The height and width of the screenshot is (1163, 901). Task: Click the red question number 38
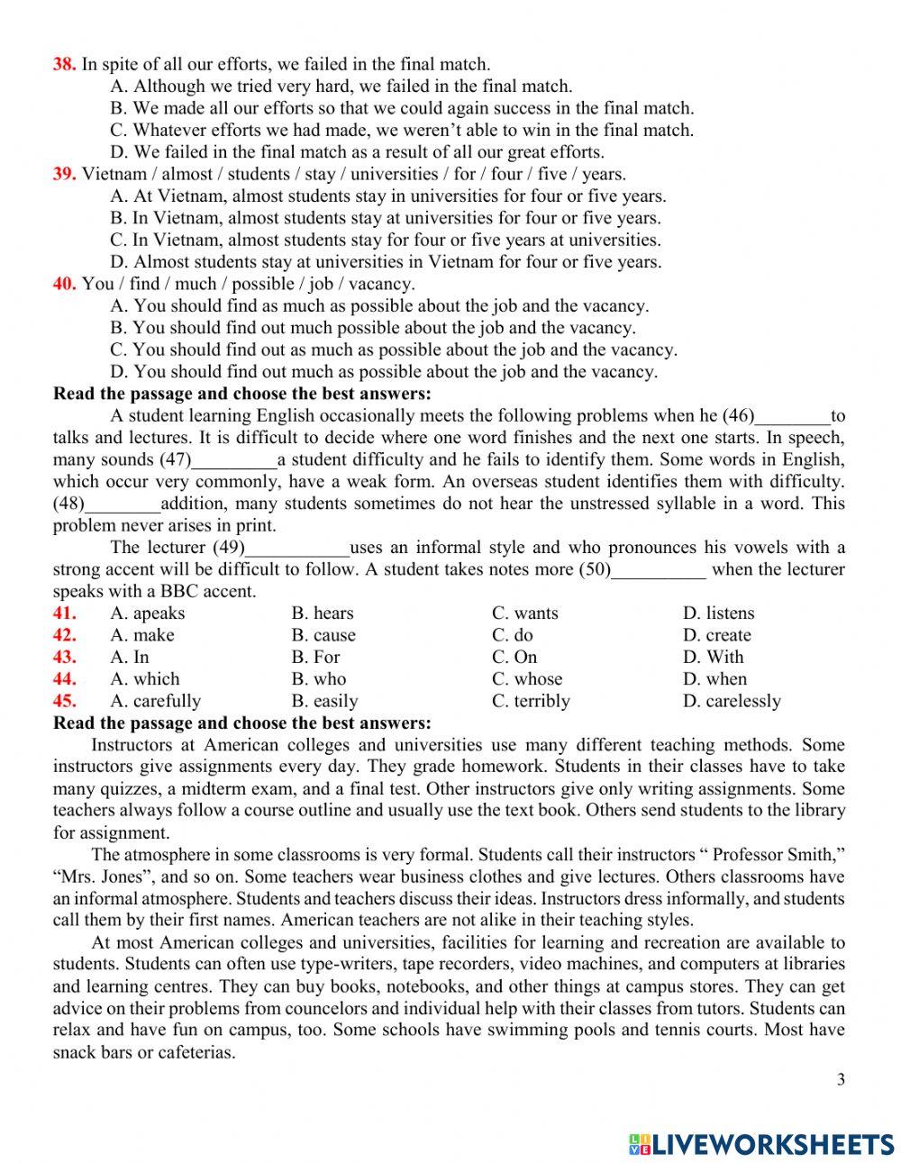pyautogui.click(x=63, y=64)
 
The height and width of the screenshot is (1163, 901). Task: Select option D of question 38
pyautogui.click(x=357, y=152)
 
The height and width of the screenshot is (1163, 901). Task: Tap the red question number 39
pyautogui.click(x=63, y=174)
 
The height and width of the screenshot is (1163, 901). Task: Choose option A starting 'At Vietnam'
pyautogui.click(x=387, y=196)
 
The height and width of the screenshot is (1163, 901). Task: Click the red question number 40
pyautogui.click(x=63, y=284)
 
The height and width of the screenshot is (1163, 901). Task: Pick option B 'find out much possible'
pyautogui.click(x=372, y=328)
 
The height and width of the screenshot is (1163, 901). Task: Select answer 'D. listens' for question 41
pyautogui.click(x=718, y=613)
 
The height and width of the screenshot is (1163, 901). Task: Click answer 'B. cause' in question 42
pyautogui.click(x=323, y=635)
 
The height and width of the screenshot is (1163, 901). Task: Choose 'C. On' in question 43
pyautogui.click(x=514, y=658)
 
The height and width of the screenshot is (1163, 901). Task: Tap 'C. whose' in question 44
pyautogui.click(x=526, y=679)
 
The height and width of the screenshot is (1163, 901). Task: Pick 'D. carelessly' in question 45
pyautogui.click(x=731, y=701)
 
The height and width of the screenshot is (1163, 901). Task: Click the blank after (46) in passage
pyautogui.click(x=792, y=416)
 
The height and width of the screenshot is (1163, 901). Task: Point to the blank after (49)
pyautogui.click(x=297, y=548)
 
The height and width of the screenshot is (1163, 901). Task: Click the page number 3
pyautogui.click(x=841, y=1080)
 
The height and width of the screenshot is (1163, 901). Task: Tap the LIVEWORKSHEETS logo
pyautogui.click(x=760, y=1144)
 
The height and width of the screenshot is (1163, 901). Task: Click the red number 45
pyautogui.click(x=63, y=701)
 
